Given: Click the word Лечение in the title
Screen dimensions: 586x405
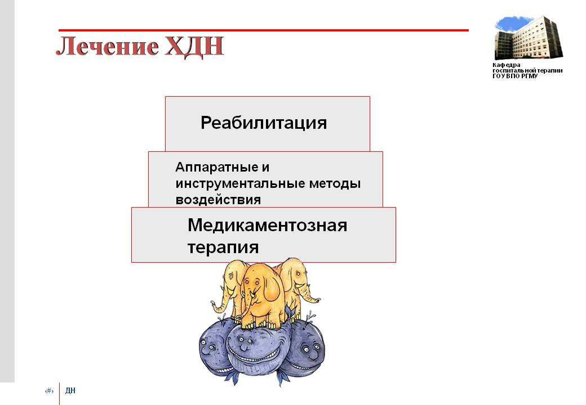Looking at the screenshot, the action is click(x=107, y=46).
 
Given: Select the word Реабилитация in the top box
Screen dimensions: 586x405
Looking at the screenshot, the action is click(x=264, y=123).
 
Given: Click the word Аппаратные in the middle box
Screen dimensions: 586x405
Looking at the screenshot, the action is click(x=216, y=168).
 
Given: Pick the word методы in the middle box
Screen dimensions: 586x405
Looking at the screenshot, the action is click(x=335, y=184).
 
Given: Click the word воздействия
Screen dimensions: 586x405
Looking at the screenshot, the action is click(x=218, y=200).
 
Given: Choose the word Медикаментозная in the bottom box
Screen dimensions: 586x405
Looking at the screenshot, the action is click(x=267, y=225).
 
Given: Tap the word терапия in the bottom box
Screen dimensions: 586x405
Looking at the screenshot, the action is click(x=223, y=247).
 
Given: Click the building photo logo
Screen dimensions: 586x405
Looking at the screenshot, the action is click(x=529, y=38).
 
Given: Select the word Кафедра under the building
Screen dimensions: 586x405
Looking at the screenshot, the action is click(x=507, y=65).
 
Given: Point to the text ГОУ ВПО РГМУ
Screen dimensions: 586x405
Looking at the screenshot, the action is click(x=515, y=76).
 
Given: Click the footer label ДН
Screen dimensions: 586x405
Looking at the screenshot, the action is click(x=70, y=390).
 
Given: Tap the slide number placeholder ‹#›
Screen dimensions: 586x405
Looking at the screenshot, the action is click(x=50, y=391).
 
